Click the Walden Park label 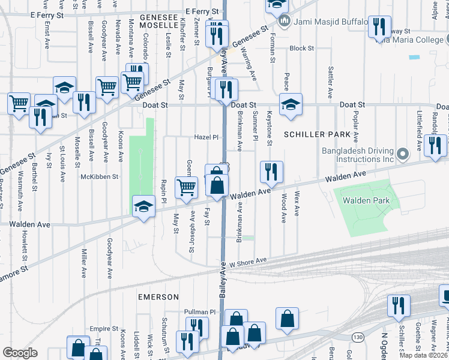coord(366,200)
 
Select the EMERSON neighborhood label coord(158,297)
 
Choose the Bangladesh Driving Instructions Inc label coord(360,156)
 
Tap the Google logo coord(20,353)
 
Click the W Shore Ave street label coord(247,261)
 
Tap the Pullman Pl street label coord(199,312)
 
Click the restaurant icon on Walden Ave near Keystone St coord(271,172)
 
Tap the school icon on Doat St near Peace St coord(291,105)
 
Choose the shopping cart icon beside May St coord(186,187)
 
